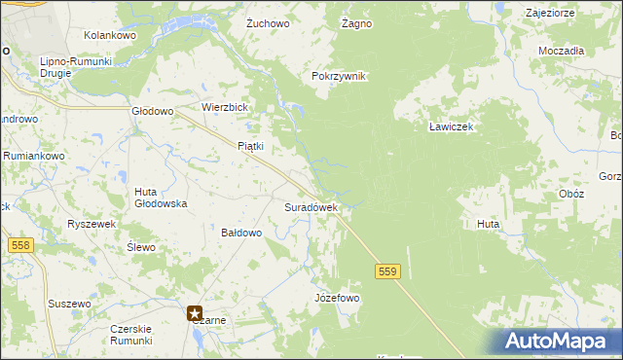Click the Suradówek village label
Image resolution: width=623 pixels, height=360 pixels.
click(x=311, y=207)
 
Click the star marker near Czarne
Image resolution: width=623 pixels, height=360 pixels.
click(x=196, y=313)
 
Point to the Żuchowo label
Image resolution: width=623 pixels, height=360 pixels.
click(x=269, y=22)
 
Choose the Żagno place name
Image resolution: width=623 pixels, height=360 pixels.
click(x=357, y=22)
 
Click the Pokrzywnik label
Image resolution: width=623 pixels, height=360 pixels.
click(x=338, y=76)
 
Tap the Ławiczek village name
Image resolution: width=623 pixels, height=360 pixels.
click(x=451, y=127)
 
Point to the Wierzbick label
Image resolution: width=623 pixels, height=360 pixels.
click(x=226, y=107)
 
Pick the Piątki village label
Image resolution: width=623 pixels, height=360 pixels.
click(x=251, y=146)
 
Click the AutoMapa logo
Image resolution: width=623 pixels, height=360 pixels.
click(x=560, y=341)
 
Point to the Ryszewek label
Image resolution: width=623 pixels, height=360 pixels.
click(x=92, y=224)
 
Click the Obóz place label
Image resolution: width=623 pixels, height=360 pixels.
click(x=571, y=194)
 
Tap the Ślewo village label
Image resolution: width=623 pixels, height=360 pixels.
click(x=141, y=247)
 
